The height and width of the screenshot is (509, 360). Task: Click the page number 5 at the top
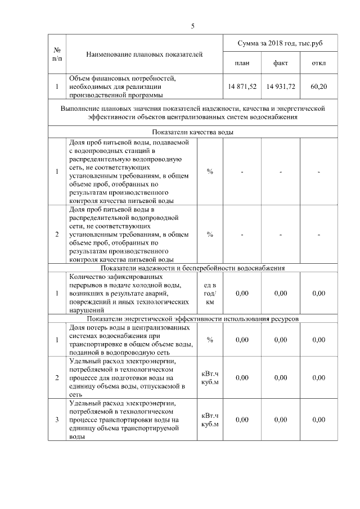click(x=192, y=26)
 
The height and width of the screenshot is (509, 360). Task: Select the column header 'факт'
click(x=281, y=63)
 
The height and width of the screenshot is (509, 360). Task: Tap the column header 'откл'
click(x=318, y=63)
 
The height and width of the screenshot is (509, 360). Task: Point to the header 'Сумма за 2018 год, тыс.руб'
click(x=280, y=43)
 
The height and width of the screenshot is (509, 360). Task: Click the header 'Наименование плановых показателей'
click(x=145, y=54)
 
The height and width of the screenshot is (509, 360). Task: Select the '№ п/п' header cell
click(x=57, y=53)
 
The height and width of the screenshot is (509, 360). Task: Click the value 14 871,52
click(x=242, y=87)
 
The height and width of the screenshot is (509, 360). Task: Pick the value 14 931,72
click(x=281, y=87)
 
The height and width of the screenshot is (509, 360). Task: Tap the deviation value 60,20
click(x=318, y=87)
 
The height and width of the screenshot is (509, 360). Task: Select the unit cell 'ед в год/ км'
click(x=210, y=293)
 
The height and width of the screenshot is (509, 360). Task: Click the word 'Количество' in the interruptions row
click(x=84, y=277)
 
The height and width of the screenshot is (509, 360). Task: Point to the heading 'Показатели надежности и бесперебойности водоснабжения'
click(x=192, y=268)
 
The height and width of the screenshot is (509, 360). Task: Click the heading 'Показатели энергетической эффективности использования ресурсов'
click(x=192, y=318)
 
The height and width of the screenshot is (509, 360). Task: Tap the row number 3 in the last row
click(x=57, y=420)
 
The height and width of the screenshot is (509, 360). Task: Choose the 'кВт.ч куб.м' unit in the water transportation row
click(x=210, y=420)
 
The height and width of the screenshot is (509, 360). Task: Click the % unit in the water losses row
click(x=210, y=339)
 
